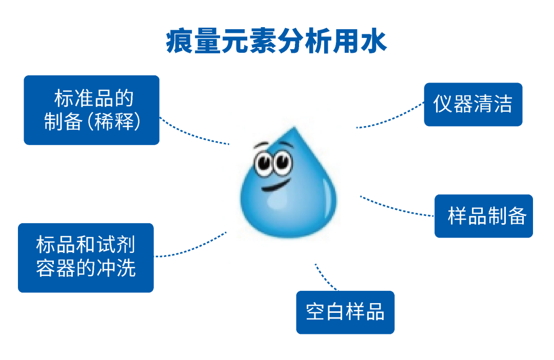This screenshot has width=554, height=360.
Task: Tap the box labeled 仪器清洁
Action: (472, 105)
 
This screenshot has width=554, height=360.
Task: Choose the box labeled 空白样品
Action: (345, 312)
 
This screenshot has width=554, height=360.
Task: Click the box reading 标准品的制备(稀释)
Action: (91, 110)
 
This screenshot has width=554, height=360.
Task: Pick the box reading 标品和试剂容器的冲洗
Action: (86, 257)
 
